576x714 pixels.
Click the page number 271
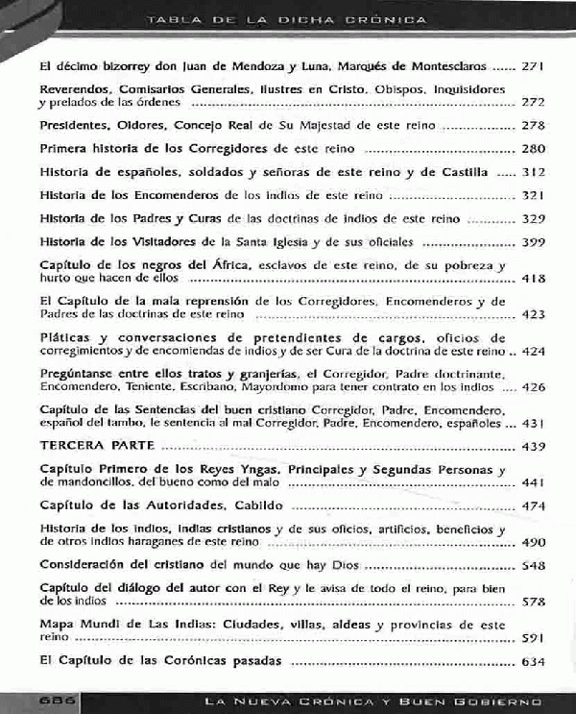click(x=533, y=69)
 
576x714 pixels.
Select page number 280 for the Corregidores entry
click(x=533, y=149)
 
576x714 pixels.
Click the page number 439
click(x=533, y=447)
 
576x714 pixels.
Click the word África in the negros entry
click(x=199, y=265)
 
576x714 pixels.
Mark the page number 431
click(x=533, y=423)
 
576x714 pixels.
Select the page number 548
click(x=533, y=566)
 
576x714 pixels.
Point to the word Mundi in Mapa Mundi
click(x=104, y=625)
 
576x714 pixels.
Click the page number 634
click(x=533, y=662)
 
